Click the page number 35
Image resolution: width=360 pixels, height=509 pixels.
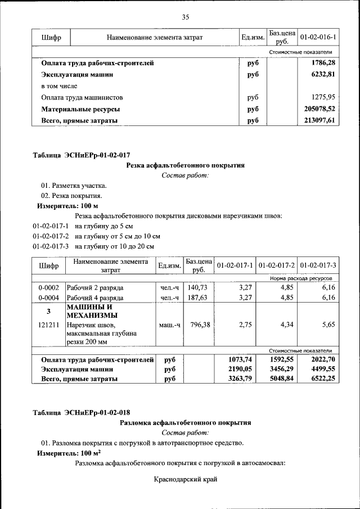pyautogui.click(x=185, y=17)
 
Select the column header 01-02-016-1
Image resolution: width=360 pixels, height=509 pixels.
pyautogui.click(x=318, y=38)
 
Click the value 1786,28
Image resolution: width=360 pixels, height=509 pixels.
pyautogui.click(x=323, y=63)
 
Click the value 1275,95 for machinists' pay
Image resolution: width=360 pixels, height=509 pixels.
pyautogui.click(x=323, y=97)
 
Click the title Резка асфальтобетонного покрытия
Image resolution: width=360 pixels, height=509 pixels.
pyautogui.click(x=185, y=165)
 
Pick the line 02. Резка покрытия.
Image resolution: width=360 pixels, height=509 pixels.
pyautogui.click(x=71, y=196)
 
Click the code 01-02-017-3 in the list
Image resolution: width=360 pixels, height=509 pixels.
pyautogui.click(x=51, y=246)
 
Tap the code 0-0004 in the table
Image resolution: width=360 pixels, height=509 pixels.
pyautogui.click(x=48, y=298)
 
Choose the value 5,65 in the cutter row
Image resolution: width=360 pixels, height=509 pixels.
pyautogui.click(x=328, y=325)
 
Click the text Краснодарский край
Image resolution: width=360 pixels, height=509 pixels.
pyautogui.click(x=185, y=479)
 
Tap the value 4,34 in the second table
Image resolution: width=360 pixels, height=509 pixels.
pyautogui.click(x=287, y=325)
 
